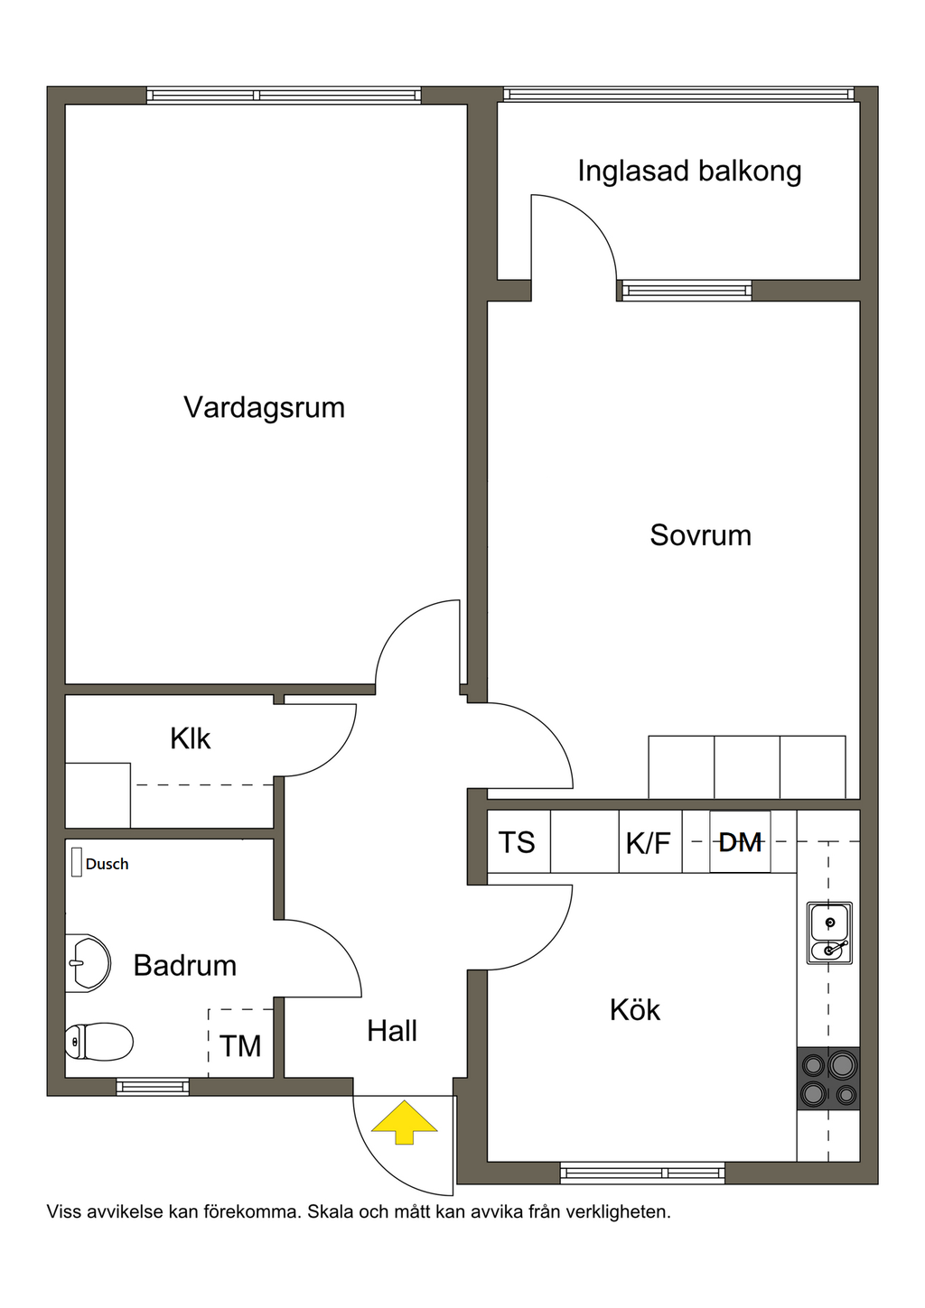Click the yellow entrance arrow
pos(404,1122)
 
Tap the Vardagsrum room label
pos(264,407)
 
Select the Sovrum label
pos(700,535)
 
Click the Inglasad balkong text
pos(689,172)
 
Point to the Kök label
pos(635,1009)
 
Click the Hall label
pos(392,1031)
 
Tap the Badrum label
pos(184,965)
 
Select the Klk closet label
pos(190,738)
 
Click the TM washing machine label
pos(240,1046)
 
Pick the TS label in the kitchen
pos(517,842)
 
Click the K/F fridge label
pos(648,844)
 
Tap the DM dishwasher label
pos(740,842)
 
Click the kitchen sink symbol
pos(829,932)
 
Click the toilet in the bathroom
pos(98,1041)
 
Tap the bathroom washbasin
pos(88,963)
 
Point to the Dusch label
pos(107,864)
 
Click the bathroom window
pos(153,1086)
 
